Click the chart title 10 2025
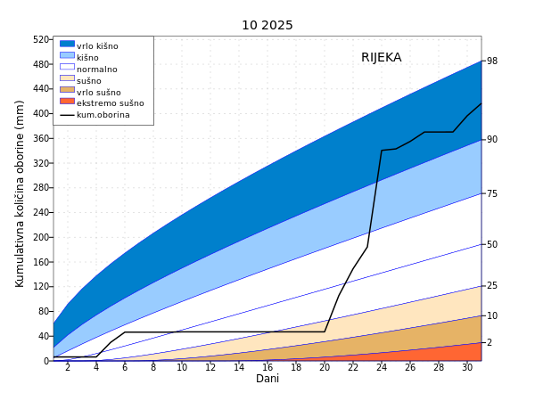coord(267,25)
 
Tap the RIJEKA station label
coord(381,58)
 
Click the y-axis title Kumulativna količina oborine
coord(20,192)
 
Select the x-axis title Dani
coord(267,379)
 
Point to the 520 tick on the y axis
coord(41,39)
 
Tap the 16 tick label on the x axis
coord(267,367)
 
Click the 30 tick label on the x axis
coord(467,367)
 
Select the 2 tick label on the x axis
coord(68,367)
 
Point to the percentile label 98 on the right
coord(492,61)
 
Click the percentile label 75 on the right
coord(492,193)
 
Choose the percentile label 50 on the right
coord(492,244)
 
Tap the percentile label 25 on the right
coord(492,286)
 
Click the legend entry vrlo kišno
coord(97,46)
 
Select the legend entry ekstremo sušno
coord(110,103)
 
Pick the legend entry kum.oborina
coord(103,115)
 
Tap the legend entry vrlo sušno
coord(98,92)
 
